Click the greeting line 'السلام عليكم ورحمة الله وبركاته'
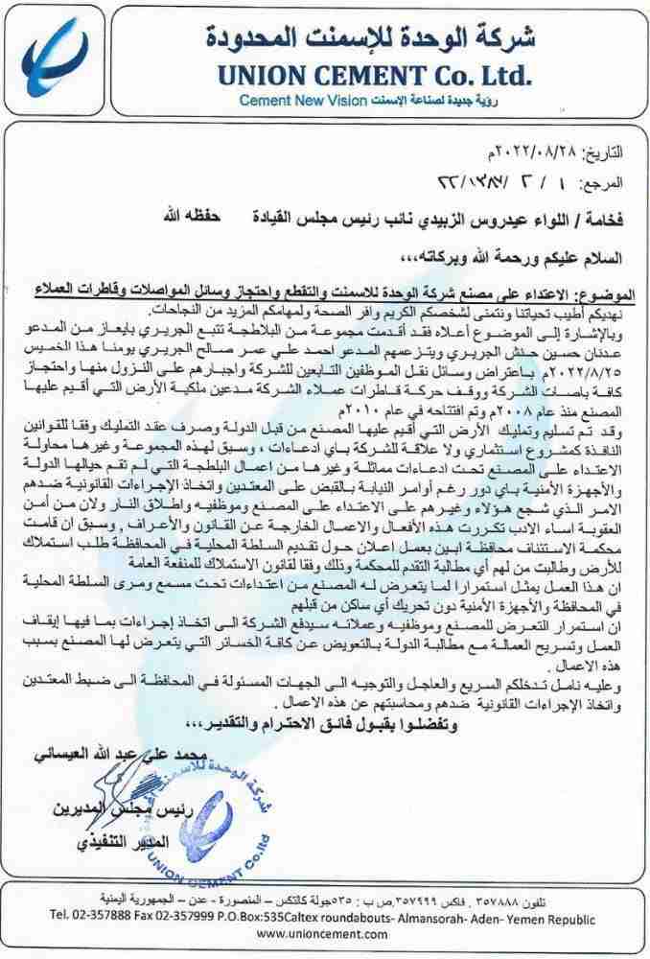[x=543, y=254]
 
